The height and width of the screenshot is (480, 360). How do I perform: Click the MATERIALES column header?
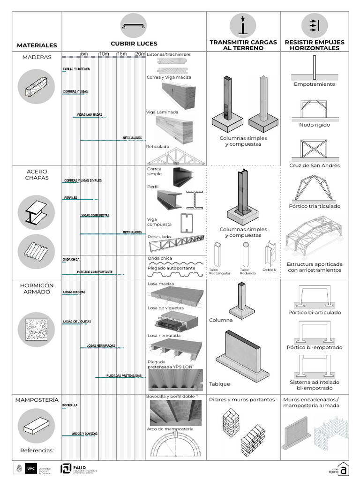37,45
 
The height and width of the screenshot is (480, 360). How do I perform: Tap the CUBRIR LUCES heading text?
134,44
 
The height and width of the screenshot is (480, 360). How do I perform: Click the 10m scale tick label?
104,54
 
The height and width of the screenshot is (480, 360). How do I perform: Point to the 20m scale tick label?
140,54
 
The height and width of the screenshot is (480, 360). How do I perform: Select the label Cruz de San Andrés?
315,165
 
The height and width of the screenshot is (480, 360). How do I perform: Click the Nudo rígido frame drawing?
315,109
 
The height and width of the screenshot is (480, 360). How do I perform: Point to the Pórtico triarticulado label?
315,206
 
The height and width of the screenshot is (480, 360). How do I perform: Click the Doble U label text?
270,270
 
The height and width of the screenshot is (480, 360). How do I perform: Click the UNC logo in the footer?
30,468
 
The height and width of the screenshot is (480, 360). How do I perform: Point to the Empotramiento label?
315,84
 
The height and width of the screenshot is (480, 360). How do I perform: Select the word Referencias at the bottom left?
37,451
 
